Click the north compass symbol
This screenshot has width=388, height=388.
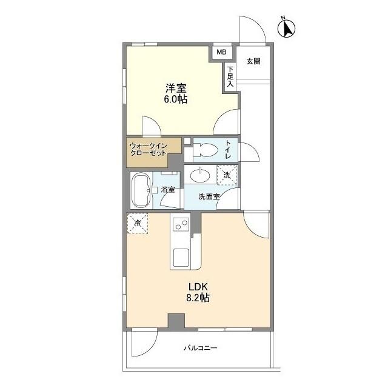click(x=286, y=28)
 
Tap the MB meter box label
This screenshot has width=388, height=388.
click(x=222, y=52)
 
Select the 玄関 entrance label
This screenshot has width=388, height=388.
click(x=253, y=61)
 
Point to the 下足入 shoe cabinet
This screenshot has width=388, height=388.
click(x=230, y=77)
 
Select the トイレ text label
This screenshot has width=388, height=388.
click(x=228, y=149)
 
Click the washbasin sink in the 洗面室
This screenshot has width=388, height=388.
click(x=201, y=176)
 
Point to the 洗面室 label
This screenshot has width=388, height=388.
click(x=209, y=196)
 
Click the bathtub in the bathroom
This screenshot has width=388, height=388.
click(x=141, y=190)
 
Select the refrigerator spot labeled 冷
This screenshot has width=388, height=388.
click(x=136, y=224)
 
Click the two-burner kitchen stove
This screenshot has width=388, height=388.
click(x=181, y=225)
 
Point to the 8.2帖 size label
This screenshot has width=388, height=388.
click(x=198, y=298)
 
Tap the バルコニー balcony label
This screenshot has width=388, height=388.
click(x=199, y=349)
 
